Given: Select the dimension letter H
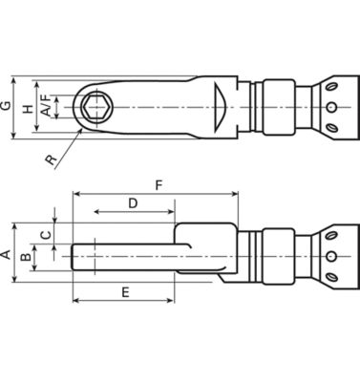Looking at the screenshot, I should (29, 108).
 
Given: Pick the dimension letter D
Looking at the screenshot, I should (134, 202).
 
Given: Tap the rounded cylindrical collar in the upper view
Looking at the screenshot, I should (277, 108).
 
